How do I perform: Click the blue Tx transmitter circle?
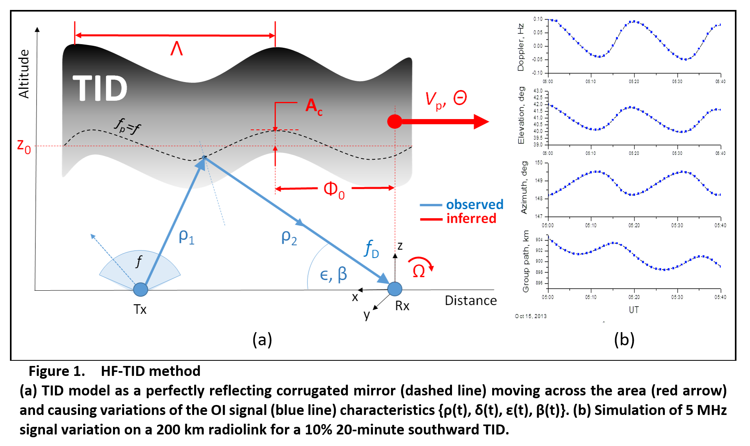(140, 290)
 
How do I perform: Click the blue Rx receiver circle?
(395, 289)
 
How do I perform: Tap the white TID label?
(100, 88)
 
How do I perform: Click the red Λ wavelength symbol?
(177, 49)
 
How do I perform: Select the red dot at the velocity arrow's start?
(395, 121)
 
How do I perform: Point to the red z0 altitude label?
(24, 146)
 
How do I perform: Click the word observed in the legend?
(475, 204)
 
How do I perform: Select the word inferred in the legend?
(471, 218)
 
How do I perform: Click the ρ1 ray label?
(186, 237)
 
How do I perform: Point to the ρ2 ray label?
(289, 237)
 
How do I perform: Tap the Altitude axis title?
(24, 74)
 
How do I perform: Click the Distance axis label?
(471, 300)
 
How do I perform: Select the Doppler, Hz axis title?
(520, 47)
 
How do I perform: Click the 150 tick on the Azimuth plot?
(539, 163)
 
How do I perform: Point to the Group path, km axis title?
(526, 261)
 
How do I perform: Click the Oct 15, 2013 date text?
(531, 316)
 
